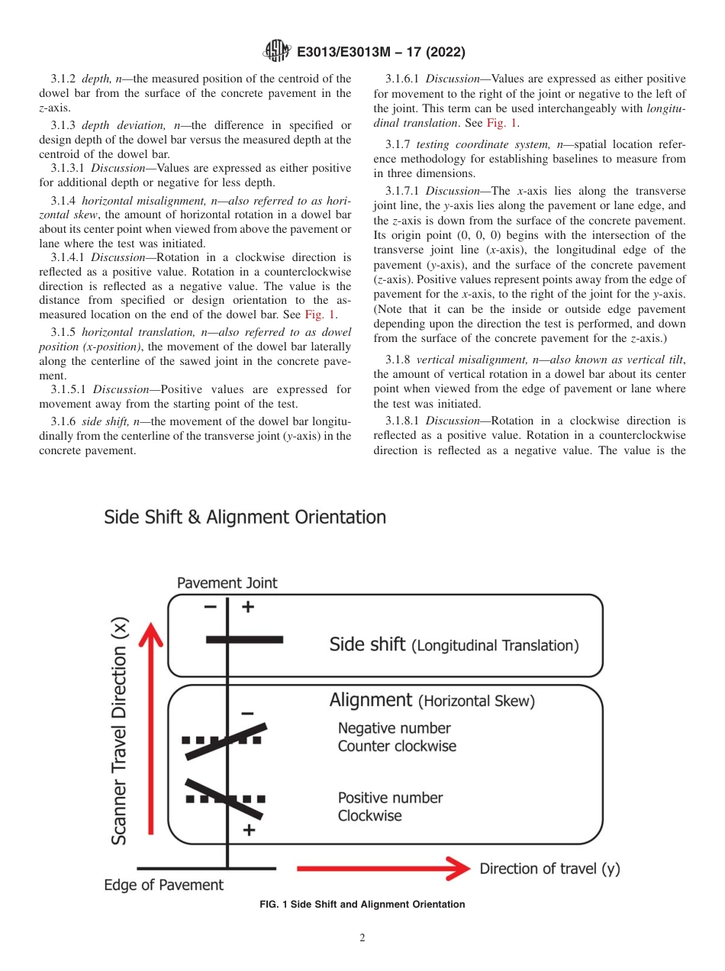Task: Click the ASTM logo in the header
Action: tap(276, 52)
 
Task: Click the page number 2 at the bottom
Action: tap(362, 938)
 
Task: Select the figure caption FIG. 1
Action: tap(362, 905)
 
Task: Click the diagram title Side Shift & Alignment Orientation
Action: tap(245, 517)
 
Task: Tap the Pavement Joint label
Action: tap(227, 582)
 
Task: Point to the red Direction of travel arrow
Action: tap(382, 868)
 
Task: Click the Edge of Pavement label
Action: tap(164, 886)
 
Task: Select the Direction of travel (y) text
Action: tap(549, 869)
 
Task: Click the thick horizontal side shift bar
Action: tap(244, 639)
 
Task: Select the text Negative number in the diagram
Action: tap(395, 728)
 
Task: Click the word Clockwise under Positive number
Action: tap(370, 815)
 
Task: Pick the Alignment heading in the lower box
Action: tap(370, 700)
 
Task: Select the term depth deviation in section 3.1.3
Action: tap(115, 125)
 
